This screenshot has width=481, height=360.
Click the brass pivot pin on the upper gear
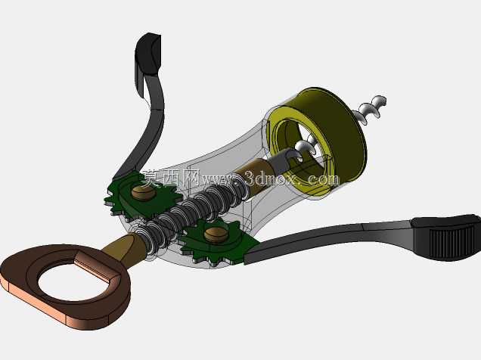point(143,193)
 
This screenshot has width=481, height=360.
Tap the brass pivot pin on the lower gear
point(216,234)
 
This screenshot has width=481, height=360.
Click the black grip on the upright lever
point(148,54)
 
